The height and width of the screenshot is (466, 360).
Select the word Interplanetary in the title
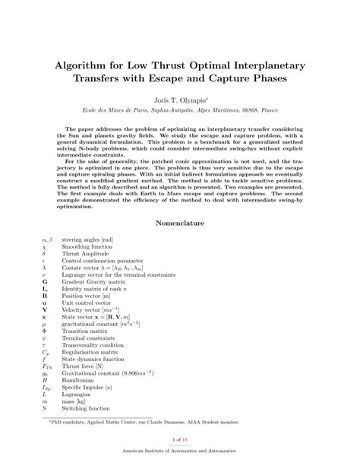[x=268, y=67]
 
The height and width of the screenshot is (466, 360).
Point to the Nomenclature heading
[x=180, y=223]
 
